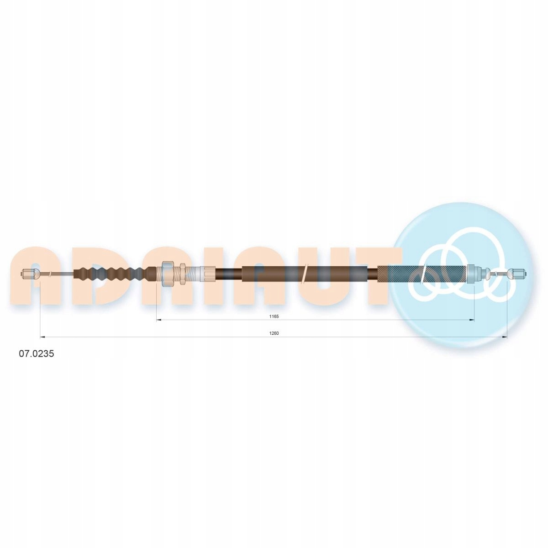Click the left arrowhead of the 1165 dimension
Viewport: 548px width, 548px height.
pos(159,320)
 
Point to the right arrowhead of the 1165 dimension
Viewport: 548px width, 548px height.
pos(472,320)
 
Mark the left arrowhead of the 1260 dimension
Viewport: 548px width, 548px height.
pos(42,337)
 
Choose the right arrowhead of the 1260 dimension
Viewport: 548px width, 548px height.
pos(505,337)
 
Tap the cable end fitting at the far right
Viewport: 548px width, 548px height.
pos(517,274)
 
